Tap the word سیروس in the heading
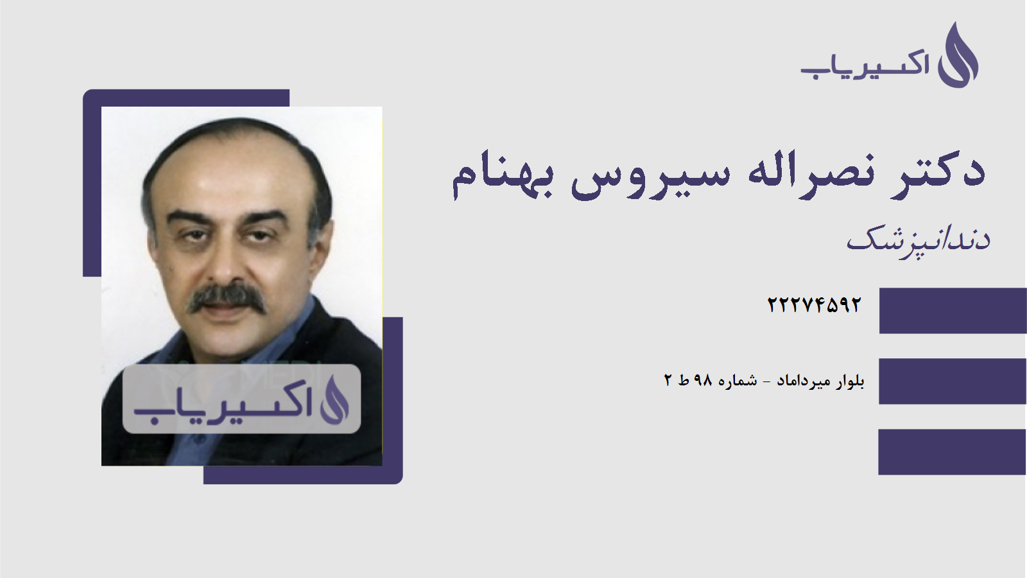(650, 175)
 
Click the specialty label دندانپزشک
(918, 240)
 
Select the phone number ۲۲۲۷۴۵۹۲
(814, 304)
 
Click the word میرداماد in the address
(805, 381)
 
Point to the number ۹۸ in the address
(703, 381)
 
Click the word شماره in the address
(738, 381)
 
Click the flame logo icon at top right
(958, 56)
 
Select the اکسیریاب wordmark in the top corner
(865, 65)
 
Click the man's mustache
(227, 299)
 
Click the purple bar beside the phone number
(953, 311)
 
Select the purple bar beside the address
(953, 381)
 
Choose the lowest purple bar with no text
(953, 452)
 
